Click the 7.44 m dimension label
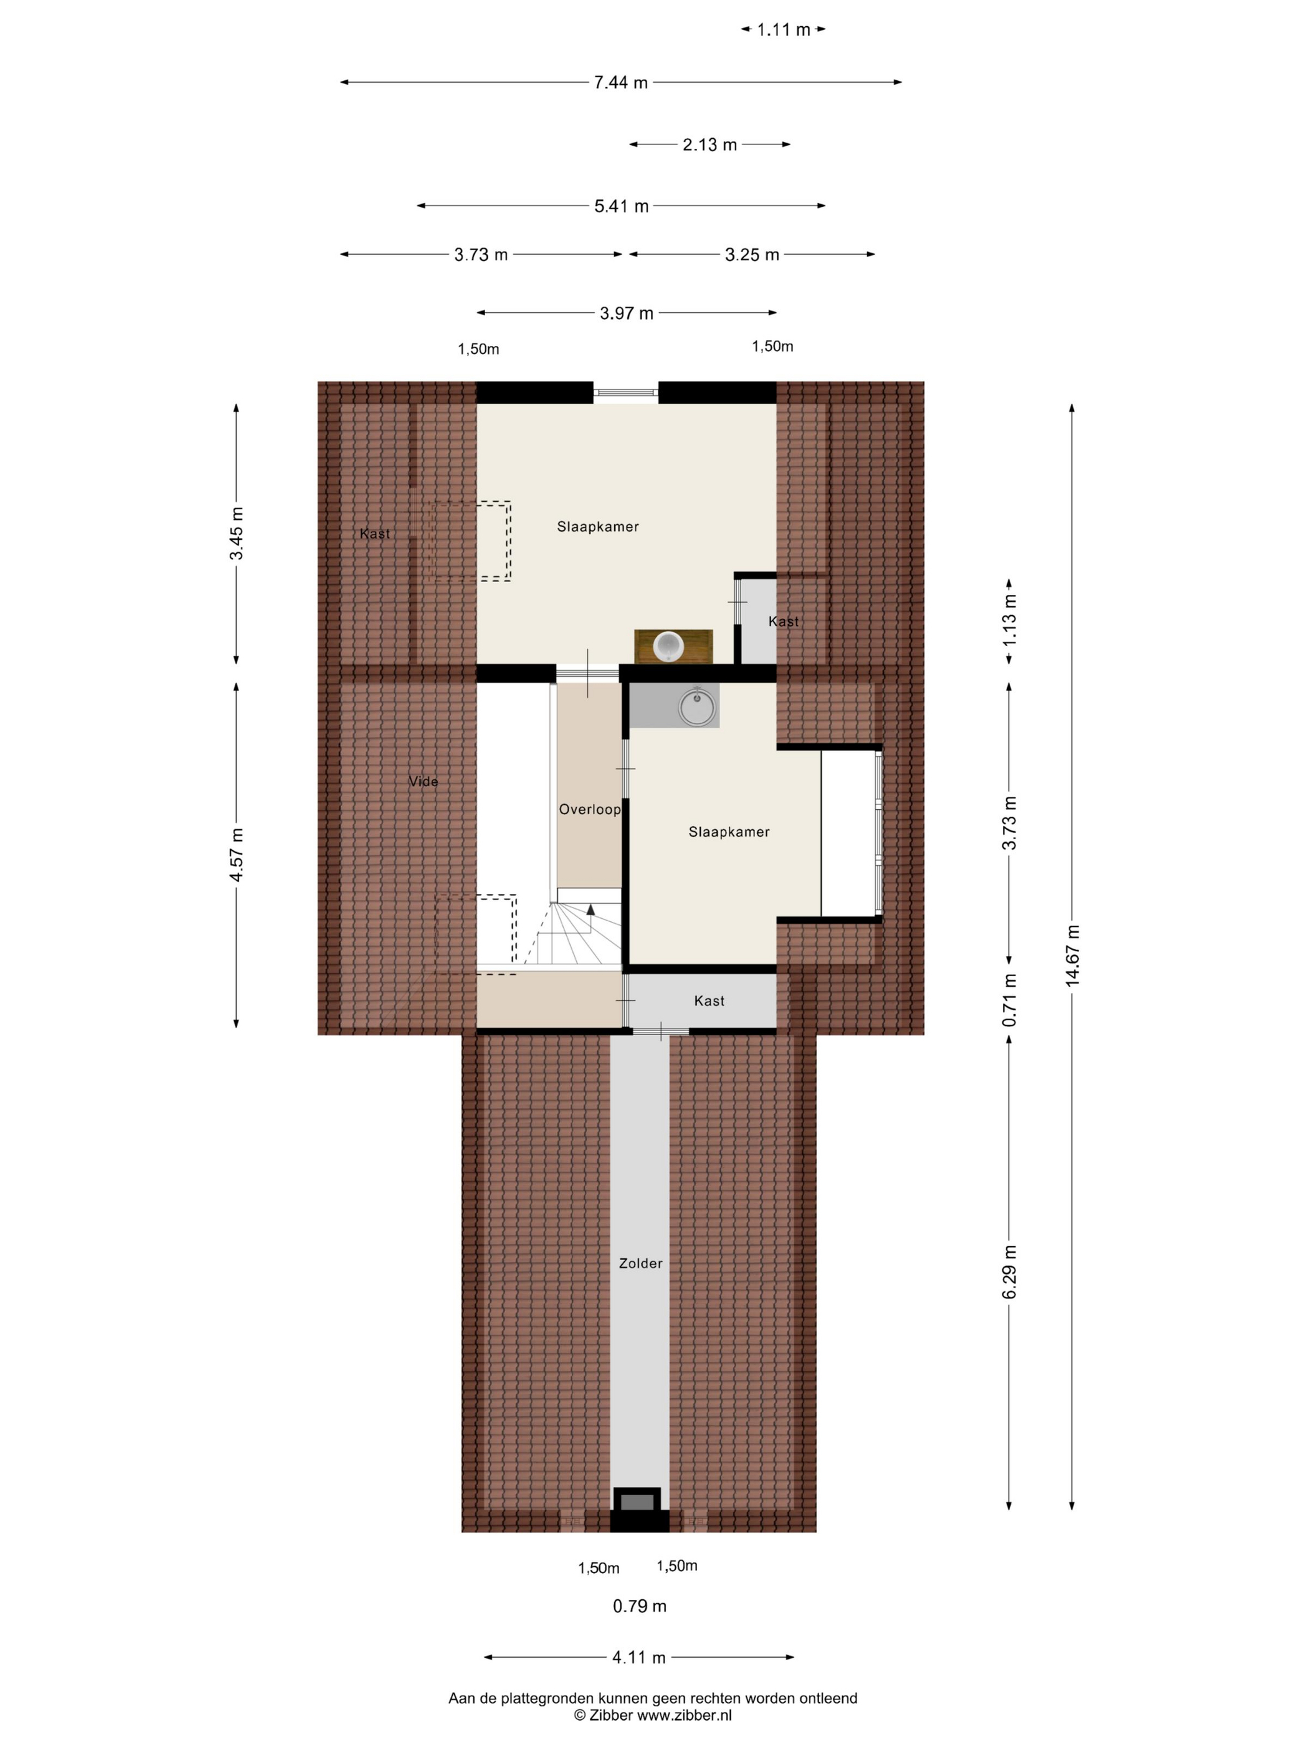pos(620,82)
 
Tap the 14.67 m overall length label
pos(1071,955)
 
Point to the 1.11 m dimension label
pos(784,30)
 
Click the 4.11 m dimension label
pos(638,1658)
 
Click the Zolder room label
pos(640,1263)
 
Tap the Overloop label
pos(590,809)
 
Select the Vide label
pos(424,782)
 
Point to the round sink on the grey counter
pos(697,706)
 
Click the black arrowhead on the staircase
pos(590,909)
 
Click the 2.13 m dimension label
pos(709,145)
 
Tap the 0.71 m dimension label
pos(1009,1000)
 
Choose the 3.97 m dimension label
pos(626,314)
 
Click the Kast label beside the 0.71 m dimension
pos(709,1001)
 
